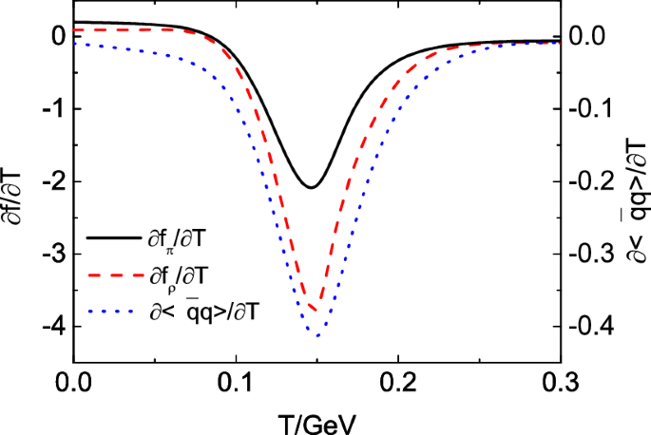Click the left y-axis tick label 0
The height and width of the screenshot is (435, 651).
pos(52,37)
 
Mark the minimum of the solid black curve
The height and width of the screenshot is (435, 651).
pos(311,187)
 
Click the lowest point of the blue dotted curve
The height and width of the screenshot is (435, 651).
pos(317,336)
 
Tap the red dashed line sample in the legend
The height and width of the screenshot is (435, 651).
pos(112,276)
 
